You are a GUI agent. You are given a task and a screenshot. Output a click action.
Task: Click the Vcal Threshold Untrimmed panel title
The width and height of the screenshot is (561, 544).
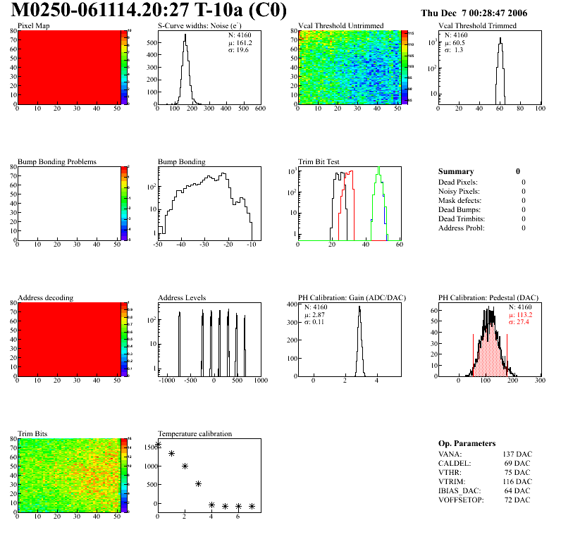coord(341,26)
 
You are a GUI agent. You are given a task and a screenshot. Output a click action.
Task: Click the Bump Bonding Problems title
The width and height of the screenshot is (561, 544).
coord(57,161)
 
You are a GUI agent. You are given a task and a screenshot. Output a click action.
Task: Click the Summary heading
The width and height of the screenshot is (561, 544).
coord(456,171)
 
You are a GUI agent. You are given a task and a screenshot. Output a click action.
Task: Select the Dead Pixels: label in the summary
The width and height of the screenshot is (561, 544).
coord(459,182)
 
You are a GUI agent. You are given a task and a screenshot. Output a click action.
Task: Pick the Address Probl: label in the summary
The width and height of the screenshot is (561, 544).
coord(462,228)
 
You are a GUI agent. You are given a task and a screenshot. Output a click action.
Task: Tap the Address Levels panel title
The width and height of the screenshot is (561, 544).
coord(182,298)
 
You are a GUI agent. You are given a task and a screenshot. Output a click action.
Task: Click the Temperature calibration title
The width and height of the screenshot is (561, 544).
coord(195,433)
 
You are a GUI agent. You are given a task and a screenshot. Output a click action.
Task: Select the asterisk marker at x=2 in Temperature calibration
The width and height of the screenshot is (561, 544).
coord(185,466)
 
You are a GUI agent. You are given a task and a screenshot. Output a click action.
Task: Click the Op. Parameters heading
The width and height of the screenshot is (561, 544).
coord(466,443)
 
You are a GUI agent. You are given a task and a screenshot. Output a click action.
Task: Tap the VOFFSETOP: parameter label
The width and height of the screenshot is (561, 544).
coord(462,500)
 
